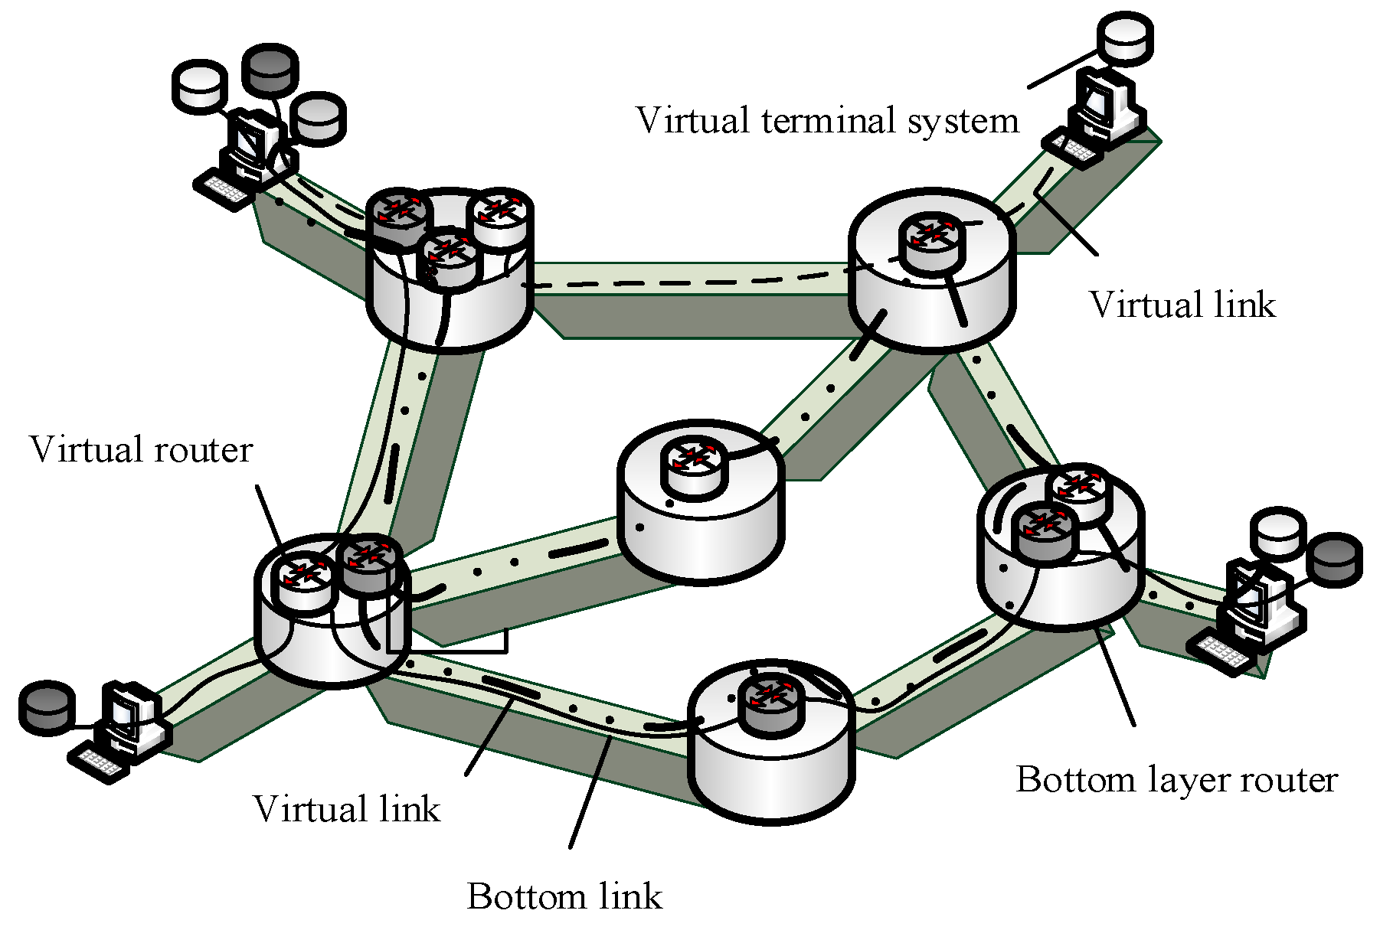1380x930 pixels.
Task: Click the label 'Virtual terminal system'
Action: (x=827, y=121)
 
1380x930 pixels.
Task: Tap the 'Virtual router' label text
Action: (x=141, y=449)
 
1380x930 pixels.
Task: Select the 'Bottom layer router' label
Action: (x=1176, y=780)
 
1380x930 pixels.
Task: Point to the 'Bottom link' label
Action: (x=564, y=896)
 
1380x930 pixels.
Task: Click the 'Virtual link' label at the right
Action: (x=1182, y=305)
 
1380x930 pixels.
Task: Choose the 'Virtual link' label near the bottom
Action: (x=346, y=809)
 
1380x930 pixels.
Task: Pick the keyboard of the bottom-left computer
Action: (x=98, y=762)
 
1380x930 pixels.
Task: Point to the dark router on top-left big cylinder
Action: (x=399, y=216)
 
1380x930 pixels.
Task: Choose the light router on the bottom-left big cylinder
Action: (x=305, y=582)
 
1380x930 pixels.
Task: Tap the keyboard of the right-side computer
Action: (x=1221, y=653)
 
